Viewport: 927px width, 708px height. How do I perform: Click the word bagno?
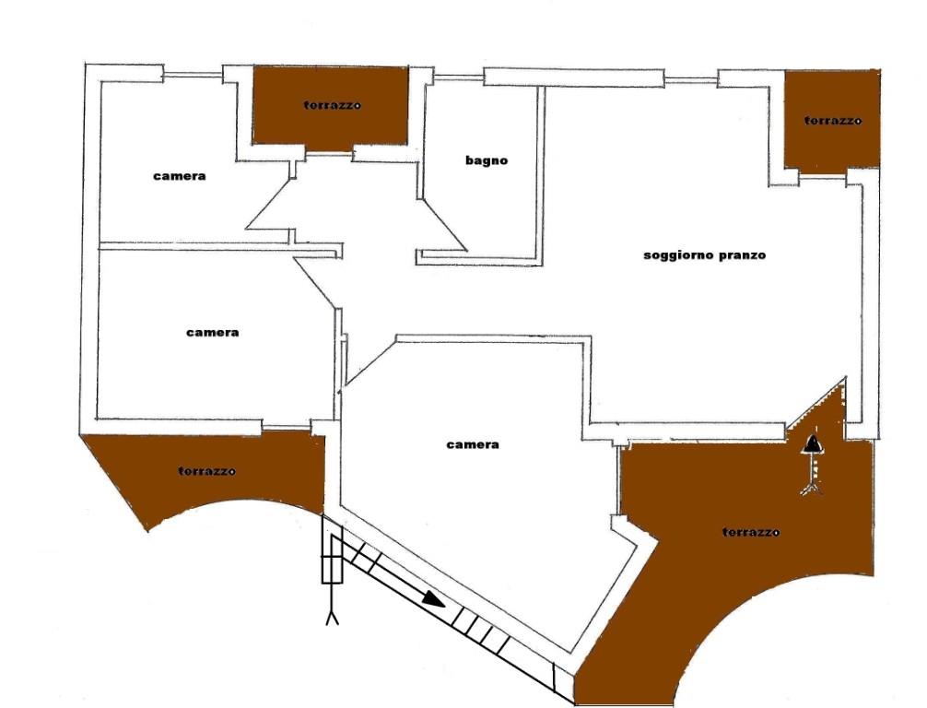[486, 160]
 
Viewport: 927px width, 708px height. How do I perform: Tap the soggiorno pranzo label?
[704, 255]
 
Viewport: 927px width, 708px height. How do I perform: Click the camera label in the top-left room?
[179, 176]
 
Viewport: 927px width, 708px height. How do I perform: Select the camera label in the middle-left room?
[212, 333]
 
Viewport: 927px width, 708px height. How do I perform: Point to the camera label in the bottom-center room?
[473, 444]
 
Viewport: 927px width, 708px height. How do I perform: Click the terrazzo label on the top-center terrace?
[332, 105]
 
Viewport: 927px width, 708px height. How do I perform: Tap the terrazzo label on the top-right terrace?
[832, 121]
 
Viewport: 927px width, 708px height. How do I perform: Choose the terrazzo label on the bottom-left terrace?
[206, 471]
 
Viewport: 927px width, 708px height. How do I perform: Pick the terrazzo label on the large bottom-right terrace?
[751, 532]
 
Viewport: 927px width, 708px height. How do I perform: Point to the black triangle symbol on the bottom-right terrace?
[814, 443]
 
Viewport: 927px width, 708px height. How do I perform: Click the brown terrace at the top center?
[331, 106]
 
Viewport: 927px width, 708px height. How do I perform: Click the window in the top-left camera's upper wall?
[193, 75]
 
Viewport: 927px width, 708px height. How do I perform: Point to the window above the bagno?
[459, 77]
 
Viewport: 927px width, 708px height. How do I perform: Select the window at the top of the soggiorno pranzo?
[690, 79]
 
